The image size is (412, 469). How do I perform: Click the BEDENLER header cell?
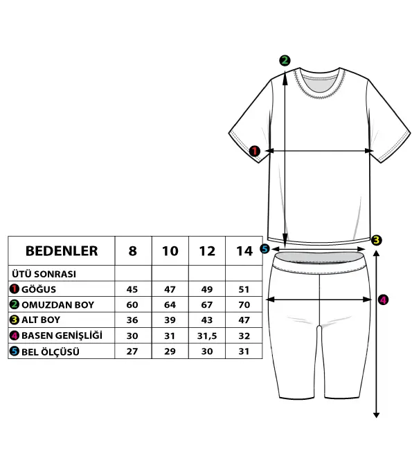click(x=62, y=250)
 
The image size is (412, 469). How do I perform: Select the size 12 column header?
click(x=207, y=250)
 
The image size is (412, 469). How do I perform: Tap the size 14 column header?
click(x=244, y=250)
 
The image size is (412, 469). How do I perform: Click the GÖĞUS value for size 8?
click(x=132, y=289)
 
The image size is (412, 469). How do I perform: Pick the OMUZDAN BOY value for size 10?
click(x=170, y=304)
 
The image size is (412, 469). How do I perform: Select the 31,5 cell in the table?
click(x=207, y=335)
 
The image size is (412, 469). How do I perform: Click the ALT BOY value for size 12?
click(x=207, y=320)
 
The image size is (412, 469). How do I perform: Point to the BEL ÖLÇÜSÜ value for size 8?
click(x=132, y=351)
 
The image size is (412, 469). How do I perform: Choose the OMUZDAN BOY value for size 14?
click(x=244, y=304)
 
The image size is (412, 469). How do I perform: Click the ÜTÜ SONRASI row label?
click(x=44, y=274)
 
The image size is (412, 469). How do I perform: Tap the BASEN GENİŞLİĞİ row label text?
click(x=62, y=335)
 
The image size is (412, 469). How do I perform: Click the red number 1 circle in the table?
click(x=14, y=289)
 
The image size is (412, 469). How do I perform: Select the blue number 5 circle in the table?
click(x=14, y=351)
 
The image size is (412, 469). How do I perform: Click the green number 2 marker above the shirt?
click(x=285, y=60)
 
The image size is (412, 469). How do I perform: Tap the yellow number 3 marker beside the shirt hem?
click(x=377, y=240)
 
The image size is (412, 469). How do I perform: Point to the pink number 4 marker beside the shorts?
click(x=383, y=300)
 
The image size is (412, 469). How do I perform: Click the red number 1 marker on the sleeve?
click(x=255, y=151)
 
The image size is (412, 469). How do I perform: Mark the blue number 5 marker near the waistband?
click(x=265, y=248)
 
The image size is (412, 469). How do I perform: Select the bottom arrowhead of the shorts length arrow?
click(x=377, y=415)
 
